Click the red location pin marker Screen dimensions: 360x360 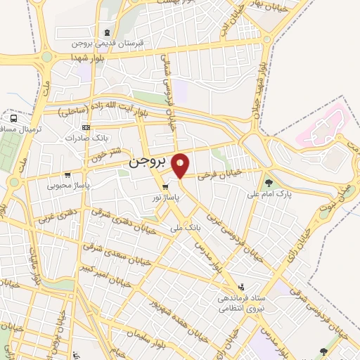click(x=181, y=165)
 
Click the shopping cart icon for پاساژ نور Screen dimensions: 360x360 click(x=165, y=187)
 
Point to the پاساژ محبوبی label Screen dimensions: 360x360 click(x=65, y=186)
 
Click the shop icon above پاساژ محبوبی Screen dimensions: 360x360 click(x=66, y=176)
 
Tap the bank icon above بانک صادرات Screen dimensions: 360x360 click(x=85, y=128)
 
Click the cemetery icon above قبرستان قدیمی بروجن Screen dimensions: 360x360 click(x=106, y=32)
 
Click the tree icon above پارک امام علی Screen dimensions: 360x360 click(x=269, y=184)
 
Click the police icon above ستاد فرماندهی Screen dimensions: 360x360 click(x=241, y=287)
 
